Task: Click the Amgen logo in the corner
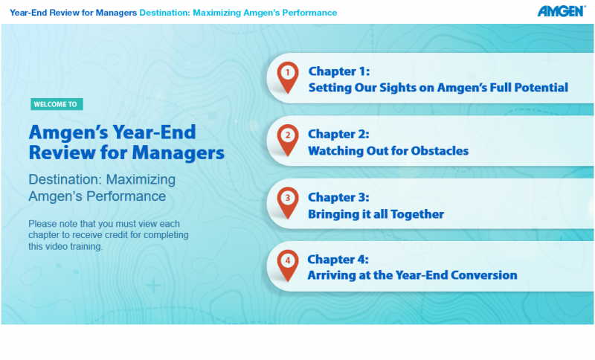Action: click(x=562, y=11)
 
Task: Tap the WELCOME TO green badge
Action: click(x=57, y=104)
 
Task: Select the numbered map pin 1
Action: click(x=288, y=77)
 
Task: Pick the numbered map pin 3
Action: click(x=288, y=203)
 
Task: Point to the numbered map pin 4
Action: click(x=288, y=266)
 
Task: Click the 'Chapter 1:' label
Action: click(x=339, y=71)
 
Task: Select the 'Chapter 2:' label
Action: click(x=338, y=134)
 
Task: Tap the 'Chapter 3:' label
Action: click(x=338, y=197)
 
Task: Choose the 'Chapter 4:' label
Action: click(x=338, y=260)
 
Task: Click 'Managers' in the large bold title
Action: click(x=178, y=153)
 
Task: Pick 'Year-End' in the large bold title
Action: click(x=155, y=132)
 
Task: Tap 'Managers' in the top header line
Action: click(x=116, y=13)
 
